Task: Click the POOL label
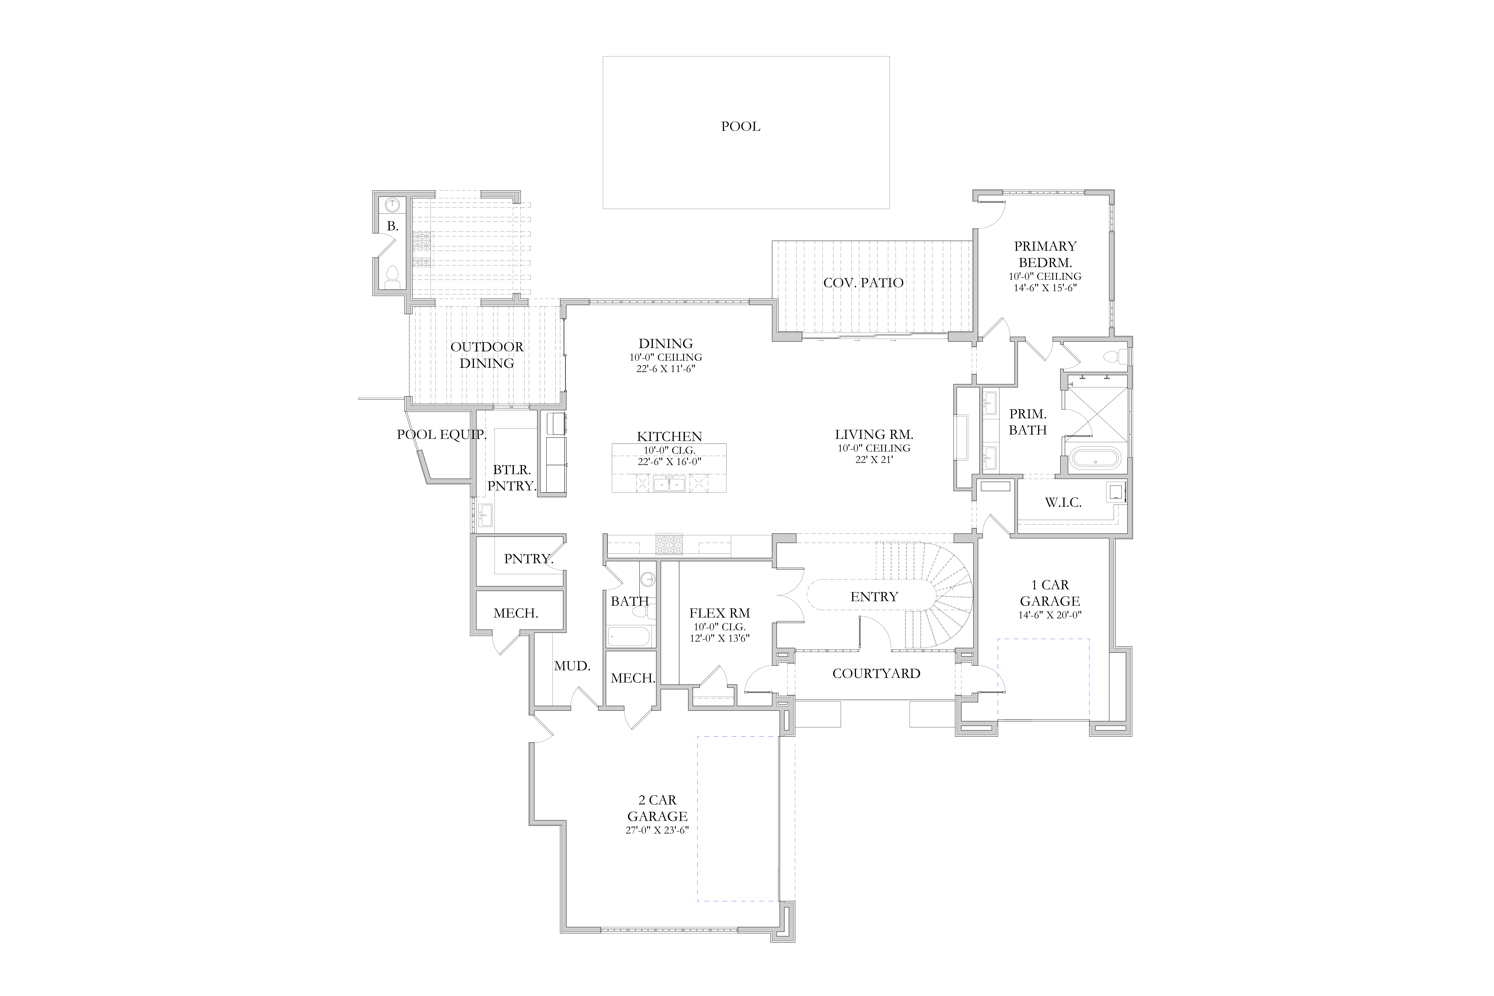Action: click(x=741, y=126)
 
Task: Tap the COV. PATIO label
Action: click(x=863, y=283)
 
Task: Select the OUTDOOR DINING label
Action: click(x=487, y=355)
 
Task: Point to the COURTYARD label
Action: click(x=876, y=673)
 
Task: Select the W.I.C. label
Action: click(x=1063, y=502)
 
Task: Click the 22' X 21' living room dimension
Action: click(x=874, y=459)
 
